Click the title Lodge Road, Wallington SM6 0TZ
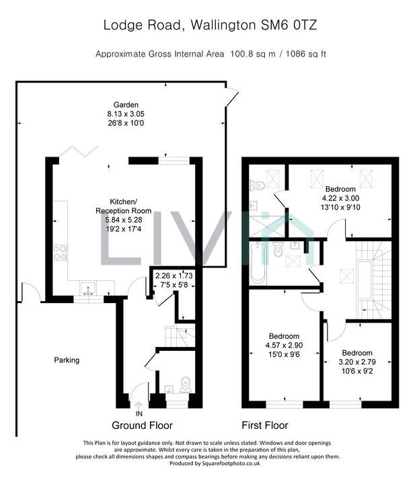click(210, 25)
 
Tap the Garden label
click(126, 105)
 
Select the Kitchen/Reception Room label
click(124, 206)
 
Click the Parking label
click(67, 360)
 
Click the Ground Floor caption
click(142, 426)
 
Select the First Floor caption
click(264, 426)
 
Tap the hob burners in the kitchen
click(61, 253)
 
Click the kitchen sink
click(88, 288)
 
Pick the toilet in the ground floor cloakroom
click(186, 385)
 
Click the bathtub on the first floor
click(258, 263)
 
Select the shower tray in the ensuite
click(267, 227)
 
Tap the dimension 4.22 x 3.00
click(340, 198)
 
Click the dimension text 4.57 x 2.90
click(284, 346)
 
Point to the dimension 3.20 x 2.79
click(357, 362)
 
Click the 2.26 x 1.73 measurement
click(174, 276)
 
